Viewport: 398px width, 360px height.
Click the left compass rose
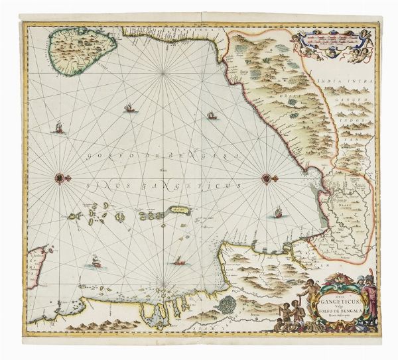point(60,178)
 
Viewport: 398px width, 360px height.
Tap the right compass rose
point(267,178)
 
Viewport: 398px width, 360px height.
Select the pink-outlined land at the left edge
point(40,265)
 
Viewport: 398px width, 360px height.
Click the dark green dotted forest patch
point(227,306)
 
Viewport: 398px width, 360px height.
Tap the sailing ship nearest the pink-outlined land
point(96,262)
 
